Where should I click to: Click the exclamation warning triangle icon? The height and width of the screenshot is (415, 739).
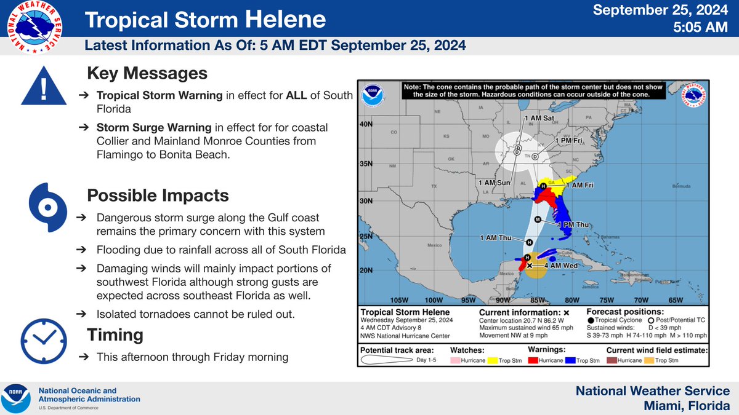[43, 88]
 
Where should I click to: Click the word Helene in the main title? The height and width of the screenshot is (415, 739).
[285, 20]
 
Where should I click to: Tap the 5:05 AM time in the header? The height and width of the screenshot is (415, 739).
[702, 28]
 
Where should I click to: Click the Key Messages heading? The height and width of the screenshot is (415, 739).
[147, 74]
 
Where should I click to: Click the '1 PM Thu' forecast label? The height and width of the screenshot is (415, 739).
[575, 226]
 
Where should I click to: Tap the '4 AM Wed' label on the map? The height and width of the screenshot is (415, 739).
[560, 266]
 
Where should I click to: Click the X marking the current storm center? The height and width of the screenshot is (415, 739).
[530, 265]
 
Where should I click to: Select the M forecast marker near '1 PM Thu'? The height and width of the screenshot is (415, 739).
[538, 219]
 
